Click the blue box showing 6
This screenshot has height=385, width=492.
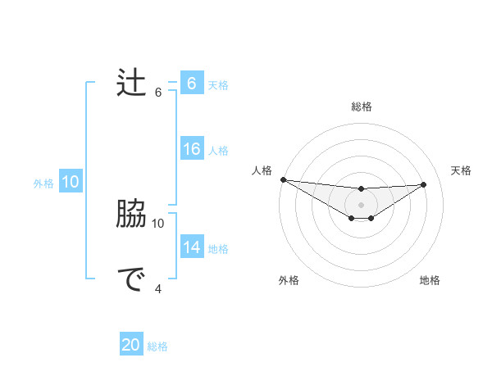pos(191,83)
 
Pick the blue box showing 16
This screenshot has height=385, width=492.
pos(191,149)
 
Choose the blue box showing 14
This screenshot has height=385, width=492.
pos(191,247)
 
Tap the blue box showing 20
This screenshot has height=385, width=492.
pos(131,345)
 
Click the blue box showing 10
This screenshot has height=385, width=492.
pos(71,182)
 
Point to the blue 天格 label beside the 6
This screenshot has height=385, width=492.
pos(217,84)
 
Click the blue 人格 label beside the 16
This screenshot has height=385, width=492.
pos(217,151)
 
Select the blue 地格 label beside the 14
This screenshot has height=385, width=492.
pos(217,249)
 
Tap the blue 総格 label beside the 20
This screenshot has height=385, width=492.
pos(157,346)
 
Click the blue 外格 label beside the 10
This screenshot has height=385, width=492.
pos(43,183)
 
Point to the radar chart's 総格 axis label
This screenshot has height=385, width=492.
pos(361,106)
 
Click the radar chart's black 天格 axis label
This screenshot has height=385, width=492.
pos(461,170)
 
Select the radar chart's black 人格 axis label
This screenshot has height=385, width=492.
pos(262,170)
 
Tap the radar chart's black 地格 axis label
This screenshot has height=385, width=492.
pos(430,280)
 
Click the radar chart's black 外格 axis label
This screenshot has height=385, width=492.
pos(289,280)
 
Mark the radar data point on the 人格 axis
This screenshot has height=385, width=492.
pos(283,179)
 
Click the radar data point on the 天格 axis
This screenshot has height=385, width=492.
pos(424,184)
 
